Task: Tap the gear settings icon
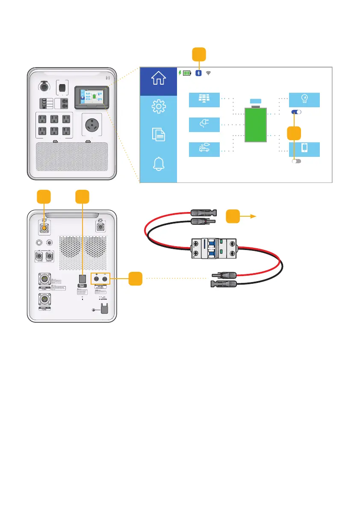(x=158, y=107)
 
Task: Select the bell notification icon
(x=158, y=164)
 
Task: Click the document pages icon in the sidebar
(x=158, y=135)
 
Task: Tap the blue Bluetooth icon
(x=198, y=73)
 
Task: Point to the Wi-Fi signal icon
(x=209, y=73)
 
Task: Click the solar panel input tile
(x=204, y=100)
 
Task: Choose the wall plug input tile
(x=204, y=125)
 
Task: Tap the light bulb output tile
(x=304, y=100)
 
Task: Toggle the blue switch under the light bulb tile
(x=296, y=112)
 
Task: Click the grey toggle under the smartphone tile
(x=296, y=162)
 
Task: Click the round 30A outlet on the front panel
(x=90, y=126)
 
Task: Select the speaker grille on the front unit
(x=72, y=157)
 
